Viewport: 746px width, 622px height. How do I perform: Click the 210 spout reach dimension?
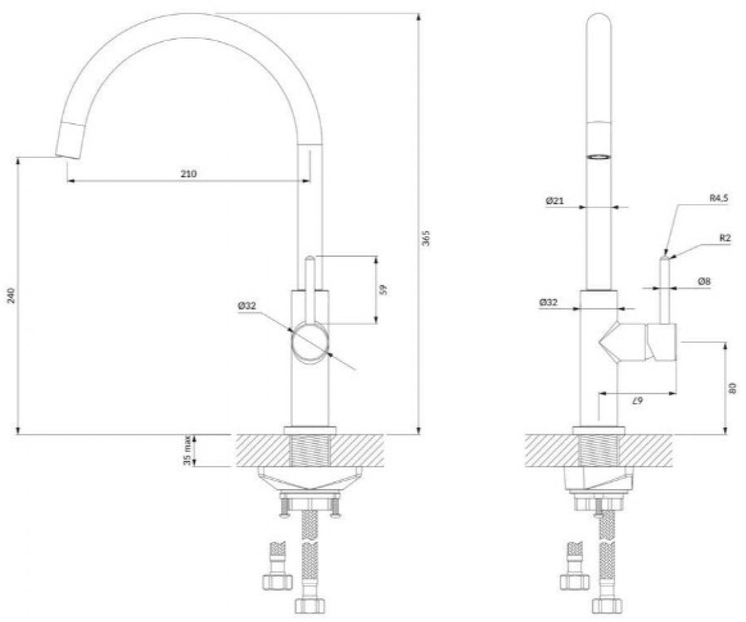pyautogui.click(x=188, y=174)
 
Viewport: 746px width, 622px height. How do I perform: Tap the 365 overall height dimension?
pyautogui.click(x=426, y=238)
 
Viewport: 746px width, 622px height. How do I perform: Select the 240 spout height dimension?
pyautogui.click(x=11, y=295)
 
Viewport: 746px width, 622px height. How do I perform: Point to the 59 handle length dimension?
pyautogui.click(x=384, y=289)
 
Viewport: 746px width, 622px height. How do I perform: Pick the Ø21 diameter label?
pyautogui.click(x=554, y=201)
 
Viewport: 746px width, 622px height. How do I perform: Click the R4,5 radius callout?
pyautogui.click(x=718, y=198)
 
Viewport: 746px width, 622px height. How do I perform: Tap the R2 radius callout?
pyautogui.click(x=725, y=238)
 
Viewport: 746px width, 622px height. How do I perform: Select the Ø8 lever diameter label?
pyautogui.click(x=704, y=282)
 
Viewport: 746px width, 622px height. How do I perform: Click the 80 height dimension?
pyautogui.click(x=732, y=388)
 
